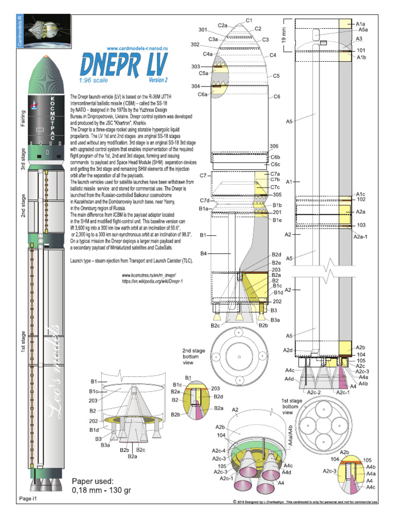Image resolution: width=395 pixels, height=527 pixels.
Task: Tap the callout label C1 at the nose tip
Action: (x=249, y=21)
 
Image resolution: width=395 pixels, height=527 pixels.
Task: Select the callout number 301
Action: (x=203, y=29)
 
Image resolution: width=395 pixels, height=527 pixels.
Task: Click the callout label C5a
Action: (x=203, y=74)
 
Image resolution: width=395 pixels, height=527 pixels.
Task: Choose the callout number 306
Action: (x=274, y=147)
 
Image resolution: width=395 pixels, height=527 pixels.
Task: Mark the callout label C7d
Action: (x=204, y=200)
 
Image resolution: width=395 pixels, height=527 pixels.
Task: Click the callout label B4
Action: (x=204, y=254)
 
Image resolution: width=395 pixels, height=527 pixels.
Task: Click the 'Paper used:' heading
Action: (x=92, y=481)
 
